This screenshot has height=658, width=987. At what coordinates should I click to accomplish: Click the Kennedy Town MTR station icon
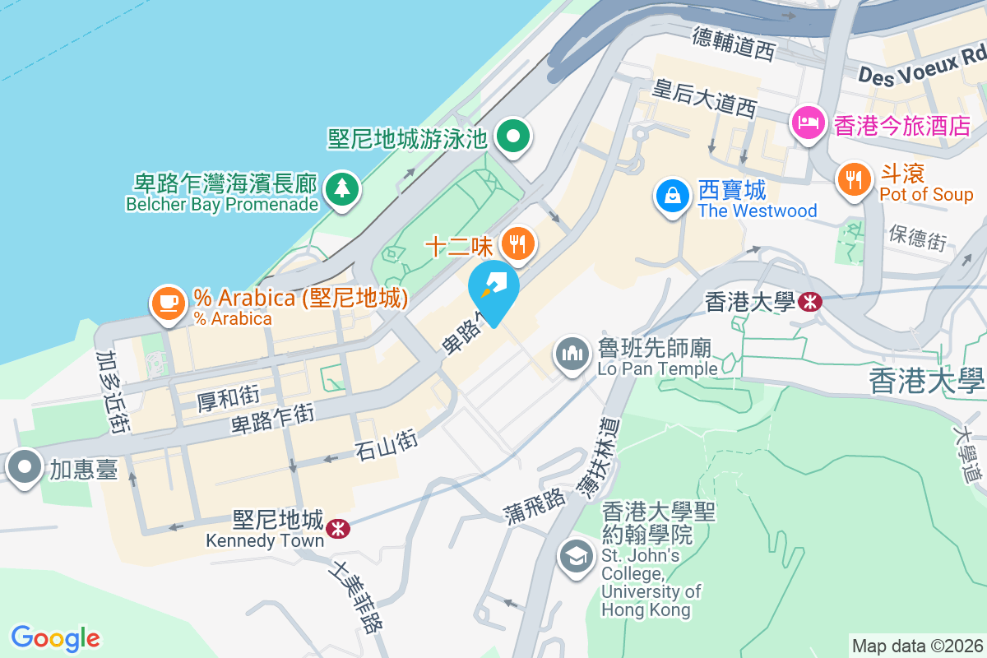point(336,529)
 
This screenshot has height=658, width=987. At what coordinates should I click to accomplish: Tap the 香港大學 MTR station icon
point(809,302)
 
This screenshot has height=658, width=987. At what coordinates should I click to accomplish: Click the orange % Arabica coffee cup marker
point(169,303)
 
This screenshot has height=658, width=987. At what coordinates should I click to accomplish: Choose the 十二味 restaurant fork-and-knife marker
point(517,243)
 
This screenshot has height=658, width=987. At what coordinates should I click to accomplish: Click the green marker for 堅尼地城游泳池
point(515,137)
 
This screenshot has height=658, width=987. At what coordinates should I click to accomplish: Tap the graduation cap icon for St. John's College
point(577,557)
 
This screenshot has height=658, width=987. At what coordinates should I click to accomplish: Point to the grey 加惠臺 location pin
point(25,467)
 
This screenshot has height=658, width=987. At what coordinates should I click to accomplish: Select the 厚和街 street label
point(229,400)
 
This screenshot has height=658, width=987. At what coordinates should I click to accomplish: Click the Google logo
point(56,637)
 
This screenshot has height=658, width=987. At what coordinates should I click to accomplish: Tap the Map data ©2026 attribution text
point(917,646)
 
